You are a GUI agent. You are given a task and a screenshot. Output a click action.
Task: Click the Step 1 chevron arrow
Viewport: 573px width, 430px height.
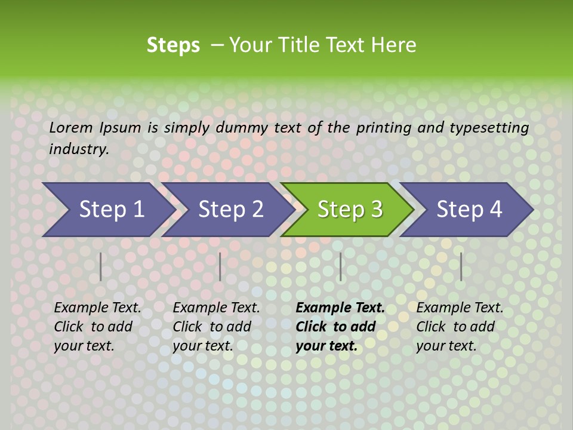tap(111, 209)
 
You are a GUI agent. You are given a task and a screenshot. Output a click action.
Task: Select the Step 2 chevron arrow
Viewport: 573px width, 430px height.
tap(230, 209)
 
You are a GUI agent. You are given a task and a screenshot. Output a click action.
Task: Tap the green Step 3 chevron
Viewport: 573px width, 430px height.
tap(350, 209)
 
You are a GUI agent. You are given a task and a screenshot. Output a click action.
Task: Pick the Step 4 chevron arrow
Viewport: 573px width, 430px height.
tap(469, 209)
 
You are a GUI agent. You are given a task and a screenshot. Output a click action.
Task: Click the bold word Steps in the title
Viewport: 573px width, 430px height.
tap(173, 45)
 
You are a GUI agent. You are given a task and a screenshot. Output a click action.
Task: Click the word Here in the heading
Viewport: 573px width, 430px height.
tap(393, 45)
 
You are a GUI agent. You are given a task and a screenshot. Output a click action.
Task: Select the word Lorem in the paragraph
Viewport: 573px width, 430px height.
tap(71, 127)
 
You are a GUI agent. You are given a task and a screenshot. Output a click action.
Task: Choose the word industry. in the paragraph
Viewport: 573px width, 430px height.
tap(79, 149)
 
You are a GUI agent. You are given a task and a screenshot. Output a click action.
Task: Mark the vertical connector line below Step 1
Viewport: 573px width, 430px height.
tap(101, 266)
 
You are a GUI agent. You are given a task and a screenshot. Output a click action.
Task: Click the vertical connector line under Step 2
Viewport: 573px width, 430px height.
tap(220, 266)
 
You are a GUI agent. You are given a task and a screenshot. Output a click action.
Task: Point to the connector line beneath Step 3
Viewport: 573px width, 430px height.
tap(340, 266)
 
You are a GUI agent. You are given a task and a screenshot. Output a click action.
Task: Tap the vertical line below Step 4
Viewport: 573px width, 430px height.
tap(461, 266)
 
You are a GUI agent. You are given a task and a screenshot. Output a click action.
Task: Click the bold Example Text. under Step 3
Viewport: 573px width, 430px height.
tap(340, 308)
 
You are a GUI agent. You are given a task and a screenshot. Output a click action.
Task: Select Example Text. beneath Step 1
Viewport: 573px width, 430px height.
tap(97, 308)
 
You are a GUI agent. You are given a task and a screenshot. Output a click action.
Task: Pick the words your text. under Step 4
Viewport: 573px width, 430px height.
tap(446, 346)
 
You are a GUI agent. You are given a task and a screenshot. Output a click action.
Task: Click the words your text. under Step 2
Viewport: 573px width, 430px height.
tap(203, 346)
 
